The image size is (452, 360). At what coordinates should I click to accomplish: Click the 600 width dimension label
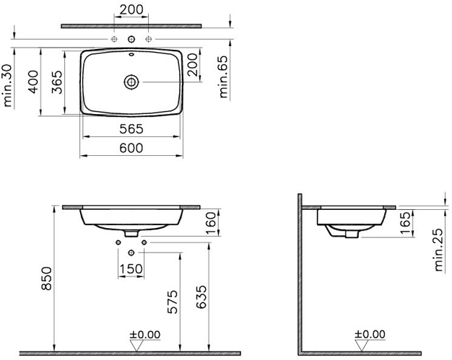pos(131,148)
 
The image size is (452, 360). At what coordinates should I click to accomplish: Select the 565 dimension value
pos(131,129)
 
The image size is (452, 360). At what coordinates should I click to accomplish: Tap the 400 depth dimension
pos(33,82)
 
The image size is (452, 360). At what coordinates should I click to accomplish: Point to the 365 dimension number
pos(57,82)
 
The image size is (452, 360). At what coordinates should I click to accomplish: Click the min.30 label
pos(8,86)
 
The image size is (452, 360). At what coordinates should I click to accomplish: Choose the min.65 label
pos(223,76)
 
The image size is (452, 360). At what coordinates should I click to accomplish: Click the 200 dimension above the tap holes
pos(131,9)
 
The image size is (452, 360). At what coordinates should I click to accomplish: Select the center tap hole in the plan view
pos(131,39)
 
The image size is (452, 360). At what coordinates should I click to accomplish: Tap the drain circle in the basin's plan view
pos(131,82)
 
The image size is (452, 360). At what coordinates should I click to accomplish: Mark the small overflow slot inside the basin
pos(131,54)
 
